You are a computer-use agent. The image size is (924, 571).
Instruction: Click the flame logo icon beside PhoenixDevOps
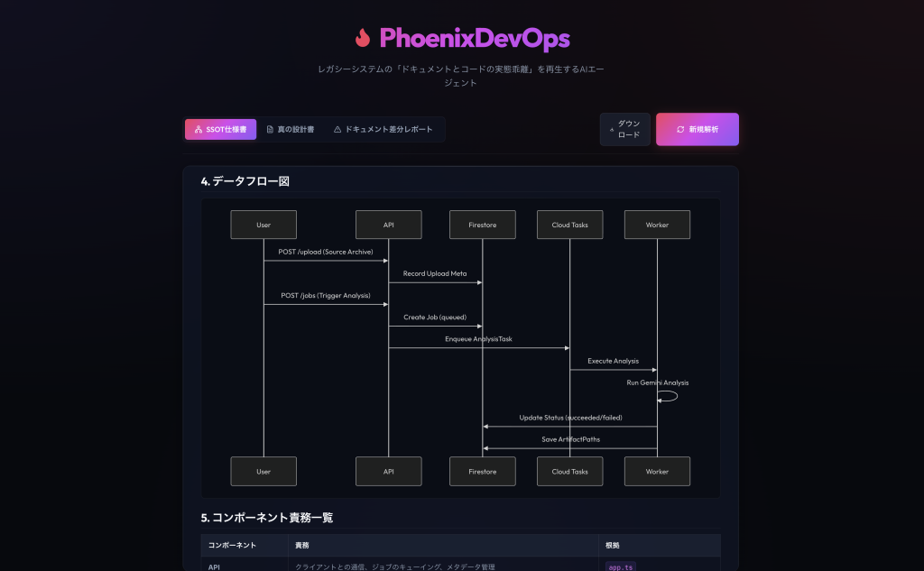[x=363, y=38]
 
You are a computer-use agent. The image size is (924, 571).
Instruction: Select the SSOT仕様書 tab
[x=220, y=129]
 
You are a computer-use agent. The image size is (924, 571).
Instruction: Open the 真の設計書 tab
[x=291, y=129]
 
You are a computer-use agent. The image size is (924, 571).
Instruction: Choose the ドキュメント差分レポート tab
[x=383, y=129]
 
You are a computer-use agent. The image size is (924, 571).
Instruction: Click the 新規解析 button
[x=698, y=129]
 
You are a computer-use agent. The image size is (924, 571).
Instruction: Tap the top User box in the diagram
[x=263, y=225]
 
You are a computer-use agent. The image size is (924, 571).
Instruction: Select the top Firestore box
[x=483, y=225]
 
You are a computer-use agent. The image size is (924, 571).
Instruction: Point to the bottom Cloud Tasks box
[x=570, y=472]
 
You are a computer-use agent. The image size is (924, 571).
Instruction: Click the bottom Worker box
[x=657, y=472]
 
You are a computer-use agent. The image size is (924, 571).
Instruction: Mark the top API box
[x=388, y=225]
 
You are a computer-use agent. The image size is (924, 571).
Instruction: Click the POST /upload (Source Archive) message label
[x=326, y=252]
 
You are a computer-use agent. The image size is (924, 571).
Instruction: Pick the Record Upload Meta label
[x=435, y=273]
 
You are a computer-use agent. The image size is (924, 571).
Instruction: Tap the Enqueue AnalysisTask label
[x=478, y=339]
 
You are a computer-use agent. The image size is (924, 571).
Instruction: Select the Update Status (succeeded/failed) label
[x=570, y=418]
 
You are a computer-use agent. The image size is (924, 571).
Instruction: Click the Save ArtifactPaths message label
[x=570, y=439]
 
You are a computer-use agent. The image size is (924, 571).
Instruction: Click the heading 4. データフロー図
[x=245, y=181]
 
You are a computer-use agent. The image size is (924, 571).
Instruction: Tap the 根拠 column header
[x=613, y=545]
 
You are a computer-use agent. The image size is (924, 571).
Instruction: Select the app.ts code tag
[x=621, y=566]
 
